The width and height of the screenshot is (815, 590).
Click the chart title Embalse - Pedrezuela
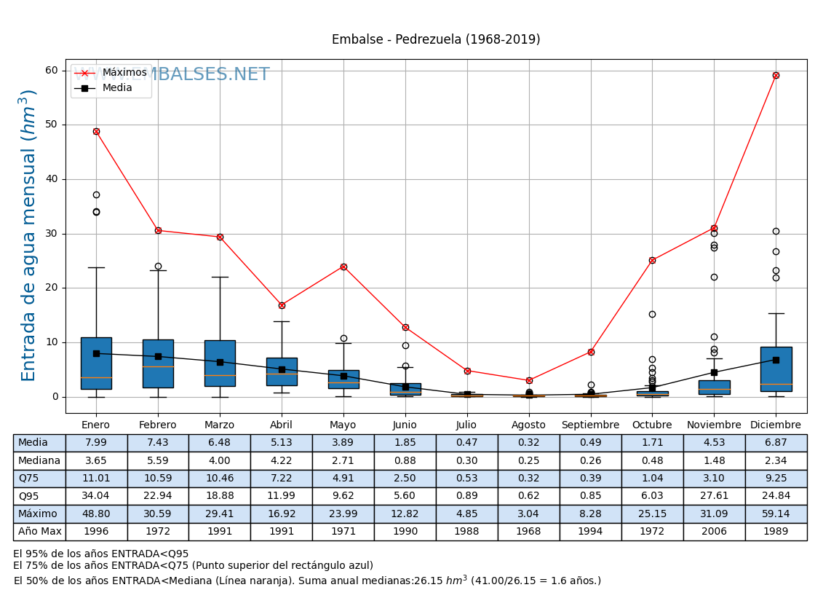pyautogui.click(x=436, y=39)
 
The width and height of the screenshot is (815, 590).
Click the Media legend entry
pyautogui.click(x=116, y=87)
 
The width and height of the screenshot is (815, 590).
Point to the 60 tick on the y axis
pyautogui.click(x=51, y=70)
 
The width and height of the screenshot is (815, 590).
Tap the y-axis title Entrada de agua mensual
pyautogui.click(x=29, y=235)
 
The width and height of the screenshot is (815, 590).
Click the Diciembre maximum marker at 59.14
pyautogui.click(x=776, y=75)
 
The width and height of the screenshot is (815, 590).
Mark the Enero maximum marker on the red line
pyautogui.click(x=96, y=131)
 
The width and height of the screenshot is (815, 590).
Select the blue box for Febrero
pyautogui.click(x=158, y=363)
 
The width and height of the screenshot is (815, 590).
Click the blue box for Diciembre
pyautogui.click(x=776, y=369)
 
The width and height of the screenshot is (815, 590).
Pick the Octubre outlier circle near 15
pyautogui.click(x=652, y=314)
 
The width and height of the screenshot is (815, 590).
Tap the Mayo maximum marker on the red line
pyautogui.click(x=343, y=267)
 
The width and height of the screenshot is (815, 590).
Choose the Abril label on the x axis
pyautogui.click(x=282, y=425)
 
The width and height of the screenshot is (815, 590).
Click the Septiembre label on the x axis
pyautogui.click(x=590, y=425)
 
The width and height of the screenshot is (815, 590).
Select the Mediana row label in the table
pyautogui.click(x=39, y=460)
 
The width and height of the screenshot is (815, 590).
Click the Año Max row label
pyautogui.click(x=39, y=532)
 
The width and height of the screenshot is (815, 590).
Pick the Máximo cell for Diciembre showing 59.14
pyautogui.click(x=776, y=514)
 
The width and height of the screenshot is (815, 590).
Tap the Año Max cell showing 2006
pyautogui.click(x=714, y=532)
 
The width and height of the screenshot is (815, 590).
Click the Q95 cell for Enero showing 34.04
pyautogui.click(x=96, y=496)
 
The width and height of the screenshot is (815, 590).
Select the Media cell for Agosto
pyautogui.click(x=528, y=443)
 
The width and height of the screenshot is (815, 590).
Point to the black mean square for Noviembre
pyautogui.click(x=714, y=372)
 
